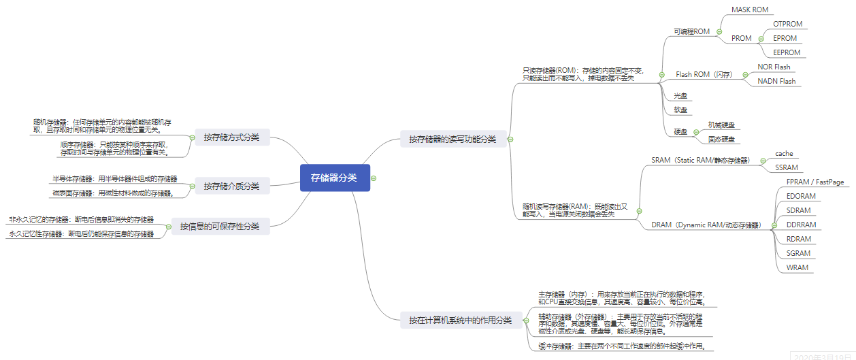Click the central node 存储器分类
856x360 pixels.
point(335,178)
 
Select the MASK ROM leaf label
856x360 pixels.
point(749,10)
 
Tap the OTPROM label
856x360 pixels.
point(787,24)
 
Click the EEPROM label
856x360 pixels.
point(787,52)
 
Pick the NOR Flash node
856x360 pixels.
point(774,67)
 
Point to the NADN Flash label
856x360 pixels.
point(776,81)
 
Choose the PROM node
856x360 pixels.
point(741,38)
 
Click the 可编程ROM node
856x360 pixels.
point(691,31)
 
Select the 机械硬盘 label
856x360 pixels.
point(721,125)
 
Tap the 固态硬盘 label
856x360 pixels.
point(721,139)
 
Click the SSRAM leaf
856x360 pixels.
point(787,167)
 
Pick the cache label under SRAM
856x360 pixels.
point(784,154)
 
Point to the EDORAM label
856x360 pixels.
point(801,196)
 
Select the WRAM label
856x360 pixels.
point(797,267)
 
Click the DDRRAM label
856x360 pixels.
point(801,225)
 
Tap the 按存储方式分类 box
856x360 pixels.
point(231,137)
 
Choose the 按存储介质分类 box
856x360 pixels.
point(231,185)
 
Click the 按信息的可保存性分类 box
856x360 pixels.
point(220,226)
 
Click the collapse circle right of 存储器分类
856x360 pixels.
point(374,178)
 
